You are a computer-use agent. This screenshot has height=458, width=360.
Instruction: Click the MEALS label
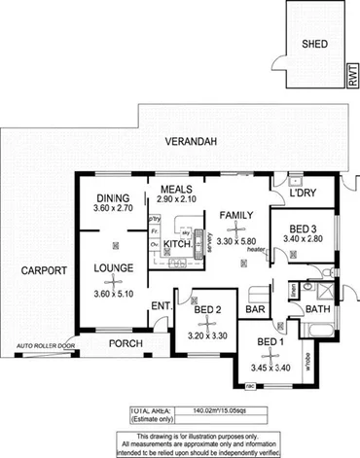(176, 188)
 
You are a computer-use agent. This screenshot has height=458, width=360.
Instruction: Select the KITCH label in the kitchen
(176, 244)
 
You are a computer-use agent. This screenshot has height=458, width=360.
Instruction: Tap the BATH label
(318, 310)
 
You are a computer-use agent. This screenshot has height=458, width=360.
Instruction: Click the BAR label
(257, 311)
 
